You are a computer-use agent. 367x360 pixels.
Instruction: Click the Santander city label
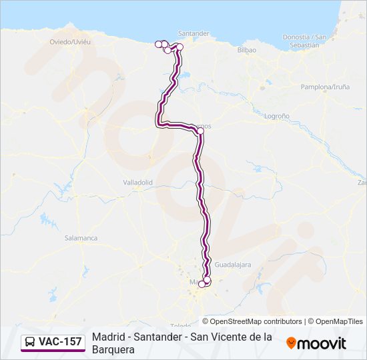pos(194,33)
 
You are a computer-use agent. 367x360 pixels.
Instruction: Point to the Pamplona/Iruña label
pos(325,87)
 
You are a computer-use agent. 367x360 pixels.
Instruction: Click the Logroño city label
pos(277,116)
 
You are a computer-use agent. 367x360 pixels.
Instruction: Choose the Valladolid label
pos(138,182)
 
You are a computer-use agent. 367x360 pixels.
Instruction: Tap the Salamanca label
pos(81,238)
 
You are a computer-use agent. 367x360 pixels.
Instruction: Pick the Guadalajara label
pos(234,265)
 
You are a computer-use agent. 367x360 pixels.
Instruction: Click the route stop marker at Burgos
pos(200,131)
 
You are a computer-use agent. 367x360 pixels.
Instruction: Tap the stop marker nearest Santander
pos(179,47)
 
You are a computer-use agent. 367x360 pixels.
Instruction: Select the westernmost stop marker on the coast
pos(159,44)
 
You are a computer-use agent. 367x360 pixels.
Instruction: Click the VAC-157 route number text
pos(60,342)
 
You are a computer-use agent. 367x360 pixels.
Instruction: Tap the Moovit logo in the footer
pos(316,343)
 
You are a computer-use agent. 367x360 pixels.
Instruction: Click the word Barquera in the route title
pos(113,349)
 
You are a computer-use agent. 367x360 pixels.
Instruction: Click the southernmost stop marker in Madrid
pos(202,284)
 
